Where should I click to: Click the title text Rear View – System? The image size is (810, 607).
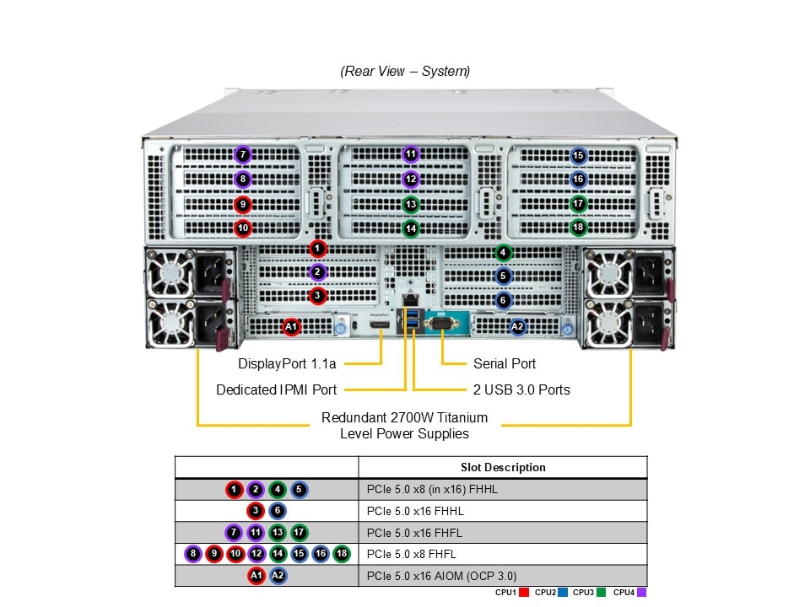click(x=405, y=72)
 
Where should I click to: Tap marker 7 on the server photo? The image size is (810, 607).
click(x=243, y=155)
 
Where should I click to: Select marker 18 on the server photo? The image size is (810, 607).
click(x=578, y=227)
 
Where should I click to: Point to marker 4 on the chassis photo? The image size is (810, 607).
click(x=503, y=252)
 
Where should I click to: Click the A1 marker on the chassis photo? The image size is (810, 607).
click(x=291, y=326)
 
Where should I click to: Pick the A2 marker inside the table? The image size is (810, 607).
click(x=278, y=576)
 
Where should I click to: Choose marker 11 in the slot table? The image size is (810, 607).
click(x=256, y=532)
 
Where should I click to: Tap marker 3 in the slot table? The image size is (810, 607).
click(x=256, y=511)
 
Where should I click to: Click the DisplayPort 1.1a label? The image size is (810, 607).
click(x=287, y=364)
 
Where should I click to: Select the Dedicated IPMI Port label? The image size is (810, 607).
click(x=276, y=389)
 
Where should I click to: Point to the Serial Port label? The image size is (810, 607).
click(x=505, y=364)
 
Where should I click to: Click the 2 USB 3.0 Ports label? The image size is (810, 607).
click(x=521, y=389)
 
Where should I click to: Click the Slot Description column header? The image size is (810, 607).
click(x=503, y=467)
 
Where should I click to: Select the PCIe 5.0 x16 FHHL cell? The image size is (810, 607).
click(x=415, y=511)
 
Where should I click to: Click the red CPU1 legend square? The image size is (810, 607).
click(x=524, y=593)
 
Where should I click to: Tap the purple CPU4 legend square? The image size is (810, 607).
click(x=641, y=593)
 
